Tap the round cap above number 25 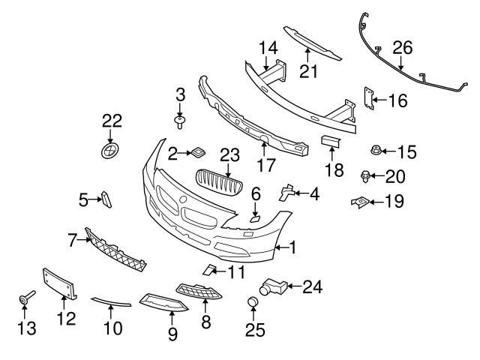point(253,303)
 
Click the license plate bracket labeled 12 point(60,285)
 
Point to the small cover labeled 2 point(199,152)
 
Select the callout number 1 point(293,245)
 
